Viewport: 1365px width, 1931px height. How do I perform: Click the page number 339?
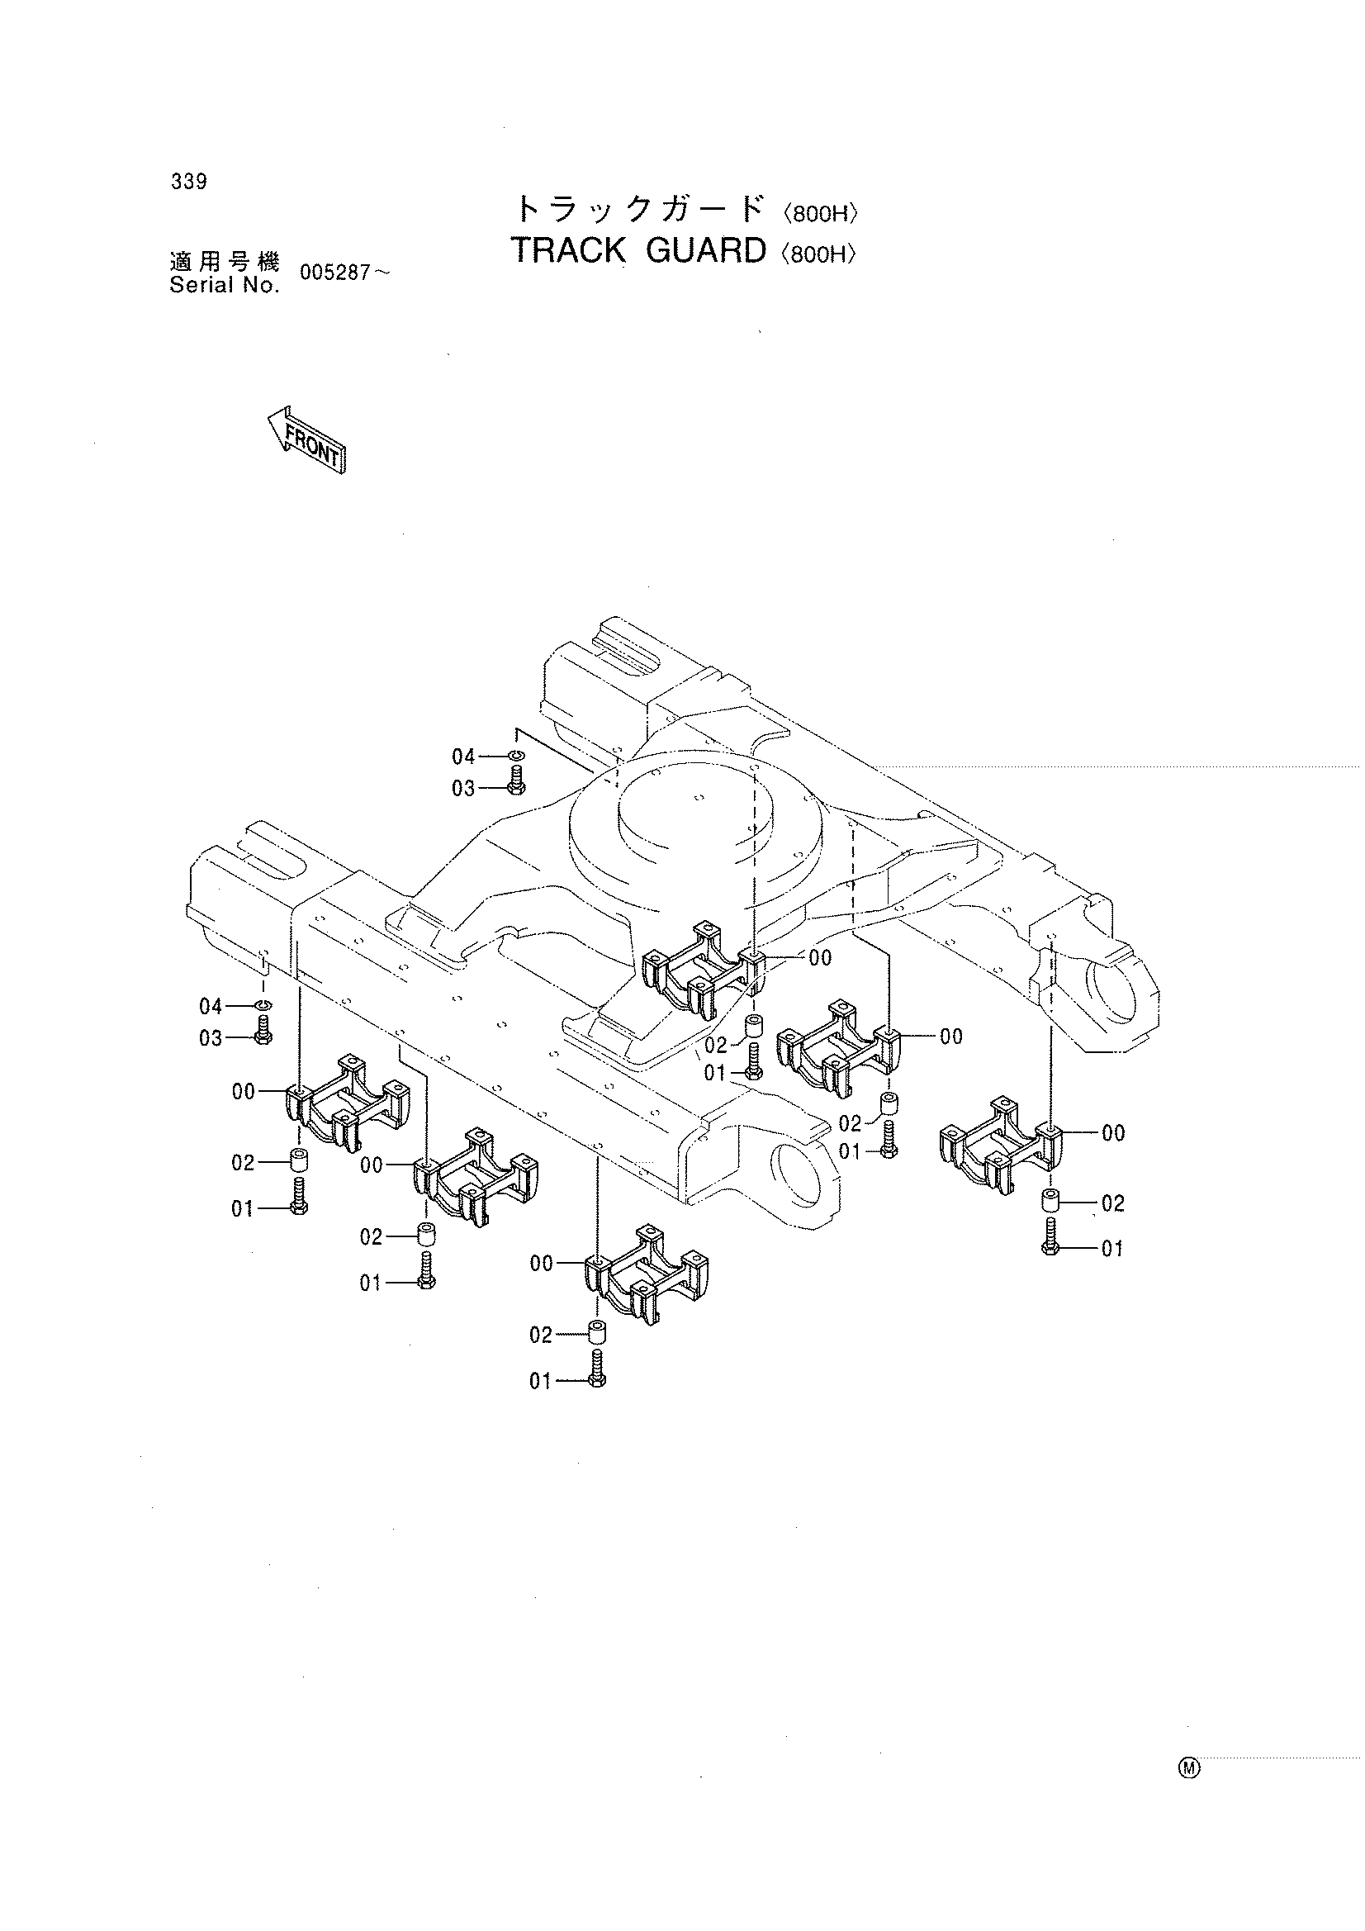[188, 182]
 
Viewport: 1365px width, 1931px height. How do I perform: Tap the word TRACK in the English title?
[568, 250]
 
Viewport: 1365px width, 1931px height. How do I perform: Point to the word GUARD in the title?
[707, 250]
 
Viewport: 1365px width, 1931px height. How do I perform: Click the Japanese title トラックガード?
[641, 209]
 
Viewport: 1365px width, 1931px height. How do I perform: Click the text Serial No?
[224, 286]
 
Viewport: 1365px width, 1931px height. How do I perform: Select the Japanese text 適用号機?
[224, 263]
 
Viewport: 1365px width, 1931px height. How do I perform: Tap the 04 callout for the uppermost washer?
[464, 757]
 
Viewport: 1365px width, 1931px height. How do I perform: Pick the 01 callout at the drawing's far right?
[1111, 1249]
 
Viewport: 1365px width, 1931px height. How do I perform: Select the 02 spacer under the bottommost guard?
[597, 1332]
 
